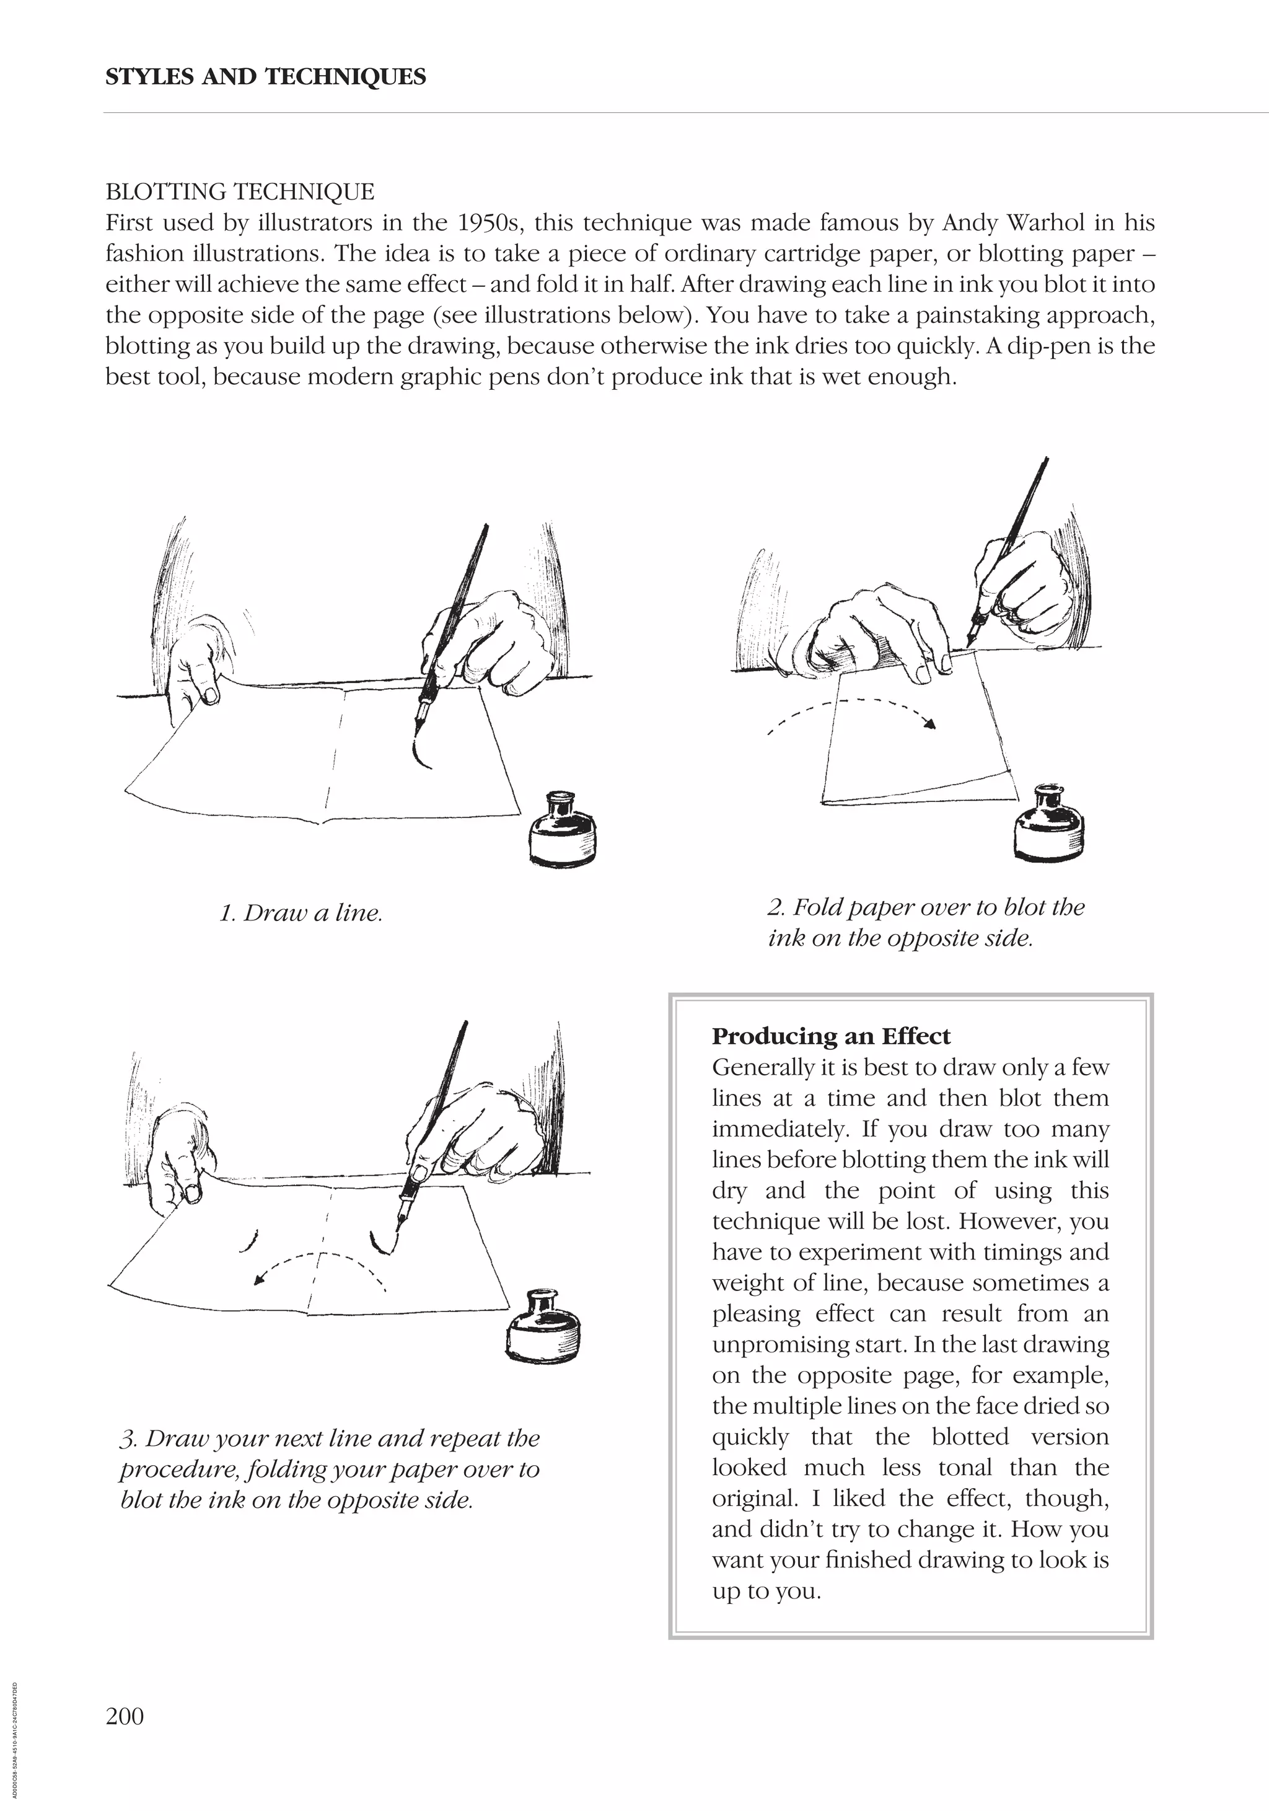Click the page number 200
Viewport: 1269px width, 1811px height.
click(125, 1716)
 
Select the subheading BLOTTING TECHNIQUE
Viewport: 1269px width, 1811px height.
click(240, 192)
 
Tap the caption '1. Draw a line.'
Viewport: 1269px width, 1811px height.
click(301, 914)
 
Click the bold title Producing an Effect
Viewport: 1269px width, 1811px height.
click(830, 1036)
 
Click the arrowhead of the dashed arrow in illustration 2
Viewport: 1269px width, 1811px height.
click(931, 724)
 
